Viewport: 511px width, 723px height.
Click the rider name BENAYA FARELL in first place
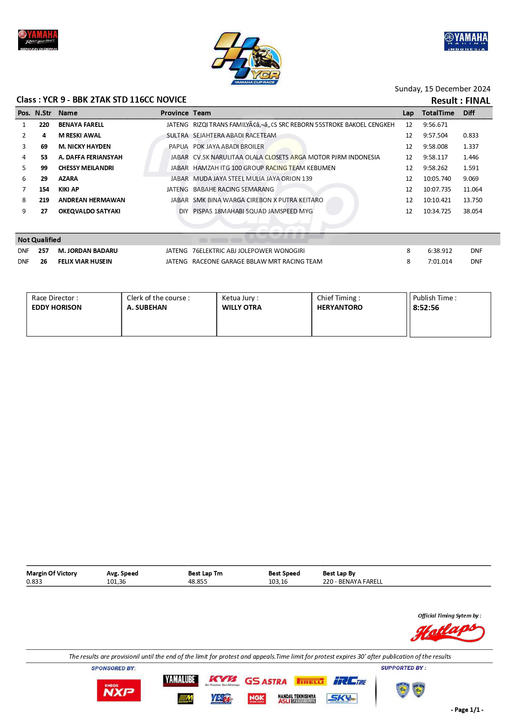(x=81, y=125)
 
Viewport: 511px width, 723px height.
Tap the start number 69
(x=44, y=147)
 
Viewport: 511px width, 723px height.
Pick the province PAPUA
(x=178, y=147)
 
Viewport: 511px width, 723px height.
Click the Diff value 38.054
(x=472, y=211)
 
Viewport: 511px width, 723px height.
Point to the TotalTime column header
(x=438, y=113)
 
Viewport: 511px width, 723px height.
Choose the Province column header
(x=174, y=113)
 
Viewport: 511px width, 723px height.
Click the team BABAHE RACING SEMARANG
(x=233, y=190)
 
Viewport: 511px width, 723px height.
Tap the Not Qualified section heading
(x=39, y=240)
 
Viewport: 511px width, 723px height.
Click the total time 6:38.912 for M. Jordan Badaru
(x=440, y=251)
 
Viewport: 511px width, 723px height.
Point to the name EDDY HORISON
(x=56, y=307)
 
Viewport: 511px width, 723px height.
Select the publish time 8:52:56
(x=426, y=308)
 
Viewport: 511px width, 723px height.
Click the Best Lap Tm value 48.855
(x=198, y=582)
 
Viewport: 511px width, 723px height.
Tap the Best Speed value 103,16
(x=278, y=582)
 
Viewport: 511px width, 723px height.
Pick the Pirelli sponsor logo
(x=310, y=681)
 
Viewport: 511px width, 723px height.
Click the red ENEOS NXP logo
(x=119, y=690)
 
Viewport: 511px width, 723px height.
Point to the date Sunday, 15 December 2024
(x=442, y=89)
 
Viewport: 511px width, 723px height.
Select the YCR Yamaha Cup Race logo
(x=247, y=59)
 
